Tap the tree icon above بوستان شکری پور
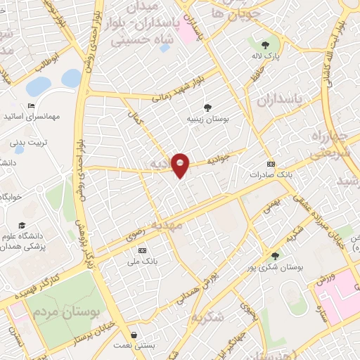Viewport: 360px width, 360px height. tap(275, 256)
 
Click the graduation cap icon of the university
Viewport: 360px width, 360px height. tap(22, 225)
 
